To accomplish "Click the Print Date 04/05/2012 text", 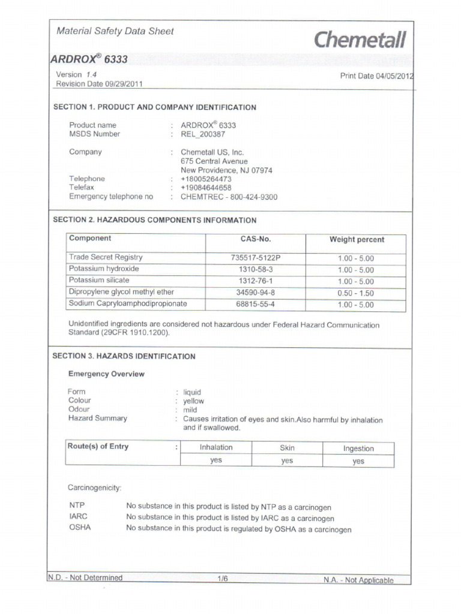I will coord(376,76).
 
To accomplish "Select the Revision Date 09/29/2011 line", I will coord(99,84).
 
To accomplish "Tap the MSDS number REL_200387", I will coord(203,134).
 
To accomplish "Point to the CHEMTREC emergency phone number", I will coord(229,197).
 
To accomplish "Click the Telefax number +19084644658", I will coord(206,188).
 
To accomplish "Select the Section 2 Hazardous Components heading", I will coord(155,220).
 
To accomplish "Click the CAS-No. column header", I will coord(255,239).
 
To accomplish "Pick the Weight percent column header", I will coord(357,239).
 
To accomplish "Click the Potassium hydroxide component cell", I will coord(104,269).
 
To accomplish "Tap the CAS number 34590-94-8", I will coord(255,293).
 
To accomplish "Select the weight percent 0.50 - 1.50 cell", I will coord(355,293).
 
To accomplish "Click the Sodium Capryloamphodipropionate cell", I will coord(128,304).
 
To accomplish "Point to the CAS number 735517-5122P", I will coord(255,258).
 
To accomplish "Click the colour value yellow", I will coord(193,401).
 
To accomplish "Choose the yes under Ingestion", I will coord(358,461).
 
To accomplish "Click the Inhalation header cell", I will coord(216,447).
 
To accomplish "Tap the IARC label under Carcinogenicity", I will coord(78,516).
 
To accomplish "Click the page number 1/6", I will coord(223,579).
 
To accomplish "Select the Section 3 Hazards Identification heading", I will coord(124,356).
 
